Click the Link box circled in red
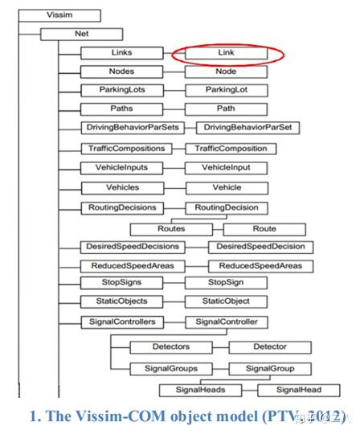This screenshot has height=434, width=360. (227, 54)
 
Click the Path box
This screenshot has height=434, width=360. (227, 108)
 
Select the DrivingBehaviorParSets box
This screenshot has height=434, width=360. (130, 128)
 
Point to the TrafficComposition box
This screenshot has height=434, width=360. (231, 149)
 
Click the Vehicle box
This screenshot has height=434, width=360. (227, 187)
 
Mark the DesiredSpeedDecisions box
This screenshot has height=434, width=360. (133, 246)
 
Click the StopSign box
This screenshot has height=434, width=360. (227, 283)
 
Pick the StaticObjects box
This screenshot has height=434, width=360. (122, 301)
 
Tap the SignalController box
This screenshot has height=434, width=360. (227, 321)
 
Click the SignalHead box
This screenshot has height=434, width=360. (299, 390)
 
